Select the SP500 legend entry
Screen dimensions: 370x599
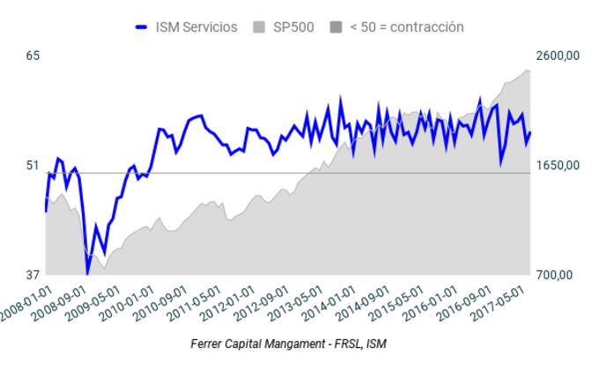(292, 27)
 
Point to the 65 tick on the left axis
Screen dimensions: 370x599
(33, 56)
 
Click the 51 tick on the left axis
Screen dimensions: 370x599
(33, 166)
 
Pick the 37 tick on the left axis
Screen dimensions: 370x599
(33, 275)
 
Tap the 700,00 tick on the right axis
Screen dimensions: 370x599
(555, 275)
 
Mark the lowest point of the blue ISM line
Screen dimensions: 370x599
(87, 272)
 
